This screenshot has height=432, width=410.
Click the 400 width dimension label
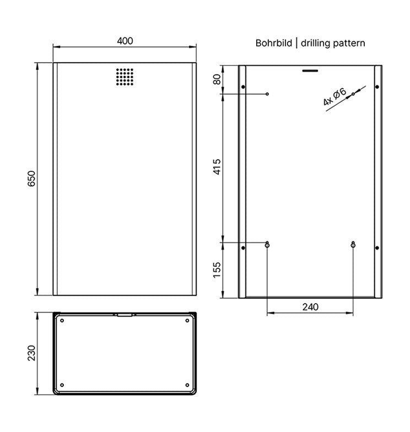125,41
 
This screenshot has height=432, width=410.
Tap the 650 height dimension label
32,179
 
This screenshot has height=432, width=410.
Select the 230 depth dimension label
32,353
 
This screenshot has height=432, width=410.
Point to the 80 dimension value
217,79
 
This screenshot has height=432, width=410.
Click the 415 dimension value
217,166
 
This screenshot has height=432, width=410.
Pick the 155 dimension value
217,270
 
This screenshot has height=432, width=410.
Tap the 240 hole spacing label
310,307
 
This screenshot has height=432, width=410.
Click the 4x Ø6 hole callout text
335,97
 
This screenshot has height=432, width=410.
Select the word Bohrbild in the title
273,43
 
